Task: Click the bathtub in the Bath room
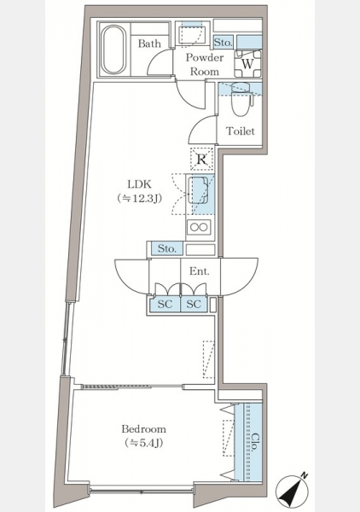tap(113, 49)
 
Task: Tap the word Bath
tap(149, 44)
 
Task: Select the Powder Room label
tap(205, 64)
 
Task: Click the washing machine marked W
tap(247, 64)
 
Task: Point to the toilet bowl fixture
tap(242, 100)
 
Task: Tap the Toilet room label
tap(241, 131)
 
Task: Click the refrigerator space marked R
tap(201, 160)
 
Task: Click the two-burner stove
tap(199, 227)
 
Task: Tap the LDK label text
tap(139, 184)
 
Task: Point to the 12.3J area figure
tap(140, 198)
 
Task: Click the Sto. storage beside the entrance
tap(166, 249)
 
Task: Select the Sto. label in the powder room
tap(224, 43)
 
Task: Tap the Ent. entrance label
tap(200, 271)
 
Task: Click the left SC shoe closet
tap(165, 305)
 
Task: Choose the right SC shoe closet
tap(194, 305)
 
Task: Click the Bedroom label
tap(143, 428)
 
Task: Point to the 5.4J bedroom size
tap(144, 443)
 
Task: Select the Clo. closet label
tap(256, 442)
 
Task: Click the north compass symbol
tap(293, 492)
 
